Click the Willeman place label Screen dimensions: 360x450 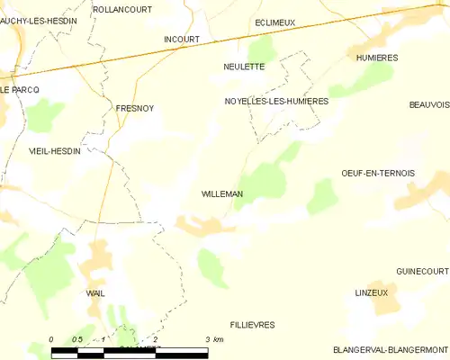tap(220, 193)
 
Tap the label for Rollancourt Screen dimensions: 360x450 tap(122, 9)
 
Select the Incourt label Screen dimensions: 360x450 tap(181, 40)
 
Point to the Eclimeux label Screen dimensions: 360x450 tap(274, 22)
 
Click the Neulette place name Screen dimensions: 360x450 tap(244, 67)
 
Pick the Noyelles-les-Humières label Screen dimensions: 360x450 tap(276, 102)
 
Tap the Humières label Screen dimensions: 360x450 tap(378, 57)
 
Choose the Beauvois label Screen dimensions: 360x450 tap(428, 104)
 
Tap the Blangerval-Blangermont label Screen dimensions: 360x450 tap(391, 349)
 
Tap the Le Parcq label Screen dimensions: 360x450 tap(19, 90)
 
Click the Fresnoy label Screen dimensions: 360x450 tap(135, 108)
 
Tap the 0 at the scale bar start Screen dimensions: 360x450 tap(51, 339)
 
